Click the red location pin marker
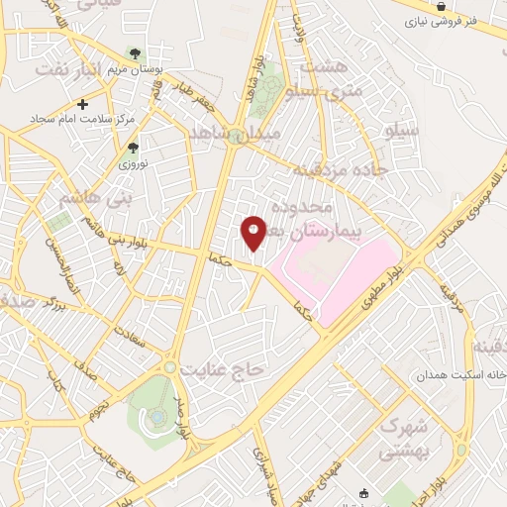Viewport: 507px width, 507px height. (253, 233)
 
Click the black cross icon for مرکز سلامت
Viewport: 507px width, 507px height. (82, 103)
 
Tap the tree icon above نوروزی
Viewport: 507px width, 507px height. (133, 148)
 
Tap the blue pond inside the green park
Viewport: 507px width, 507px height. (157, 417)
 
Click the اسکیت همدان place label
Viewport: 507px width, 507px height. (461, 376)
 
